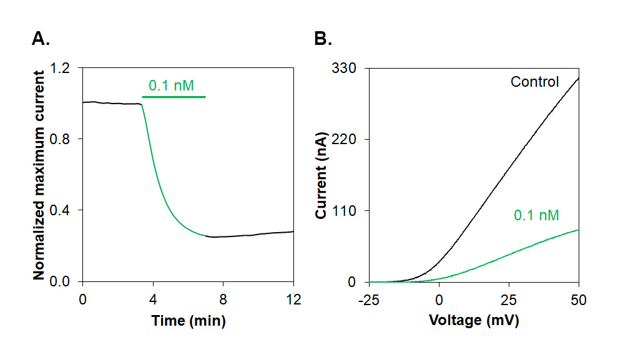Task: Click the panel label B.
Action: click(x=323, y=39)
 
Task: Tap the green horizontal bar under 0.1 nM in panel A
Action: click(x=174, y=97)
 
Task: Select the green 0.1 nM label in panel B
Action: click(x=536, y=215)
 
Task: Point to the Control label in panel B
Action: click(x=534, y=82)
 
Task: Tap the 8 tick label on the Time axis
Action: click(x=223, y=299)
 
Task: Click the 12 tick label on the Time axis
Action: click(x=293, y=299)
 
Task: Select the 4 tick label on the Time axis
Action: click(x=153, y=299)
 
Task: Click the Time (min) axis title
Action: click(x=188, y=321)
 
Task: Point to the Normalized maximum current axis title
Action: click(x=39, y=175)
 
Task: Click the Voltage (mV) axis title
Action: click(x=474, y=321)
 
